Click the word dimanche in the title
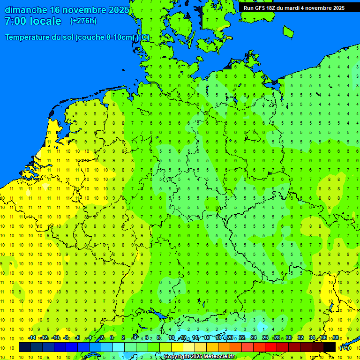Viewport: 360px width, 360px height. [26, 10]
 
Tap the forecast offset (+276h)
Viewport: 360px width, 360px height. [83, 21]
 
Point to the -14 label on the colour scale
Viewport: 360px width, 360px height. [32, 337]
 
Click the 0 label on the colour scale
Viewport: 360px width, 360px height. [112, 337]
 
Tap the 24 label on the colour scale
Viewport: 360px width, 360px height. [254, 337]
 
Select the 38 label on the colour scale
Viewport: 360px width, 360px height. [336, 337]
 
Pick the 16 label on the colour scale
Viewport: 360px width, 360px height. [207, 337]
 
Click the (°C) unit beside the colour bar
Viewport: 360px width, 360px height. [345, 348]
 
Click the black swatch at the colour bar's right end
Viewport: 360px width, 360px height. [330, 347]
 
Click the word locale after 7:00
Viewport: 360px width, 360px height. [45, 21]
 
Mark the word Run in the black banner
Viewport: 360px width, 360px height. [249, 8]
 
